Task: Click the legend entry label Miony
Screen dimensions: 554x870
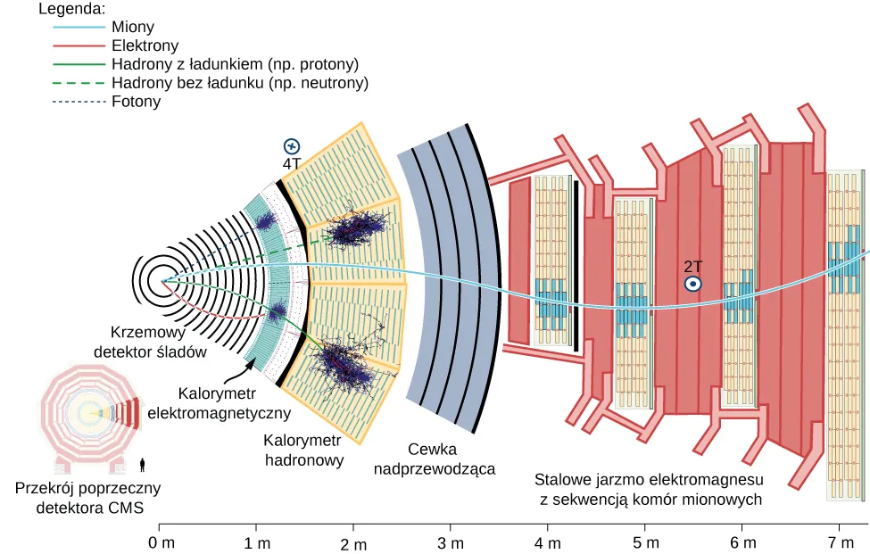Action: pos(133,28)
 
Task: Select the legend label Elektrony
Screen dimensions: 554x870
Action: pos(145,45)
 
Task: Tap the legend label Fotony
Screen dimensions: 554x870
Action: pos(137,102)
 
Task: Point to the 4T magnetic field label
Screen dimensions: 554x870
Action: pos(292,164)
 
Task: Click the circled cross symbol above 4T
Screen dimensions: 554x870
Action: pos(292,146)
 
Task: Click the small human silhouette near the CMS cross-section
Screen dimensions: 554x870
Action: pos(144,463)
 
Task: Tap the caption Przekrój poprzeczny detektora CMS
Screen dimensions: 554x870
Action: pos(88,498)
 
